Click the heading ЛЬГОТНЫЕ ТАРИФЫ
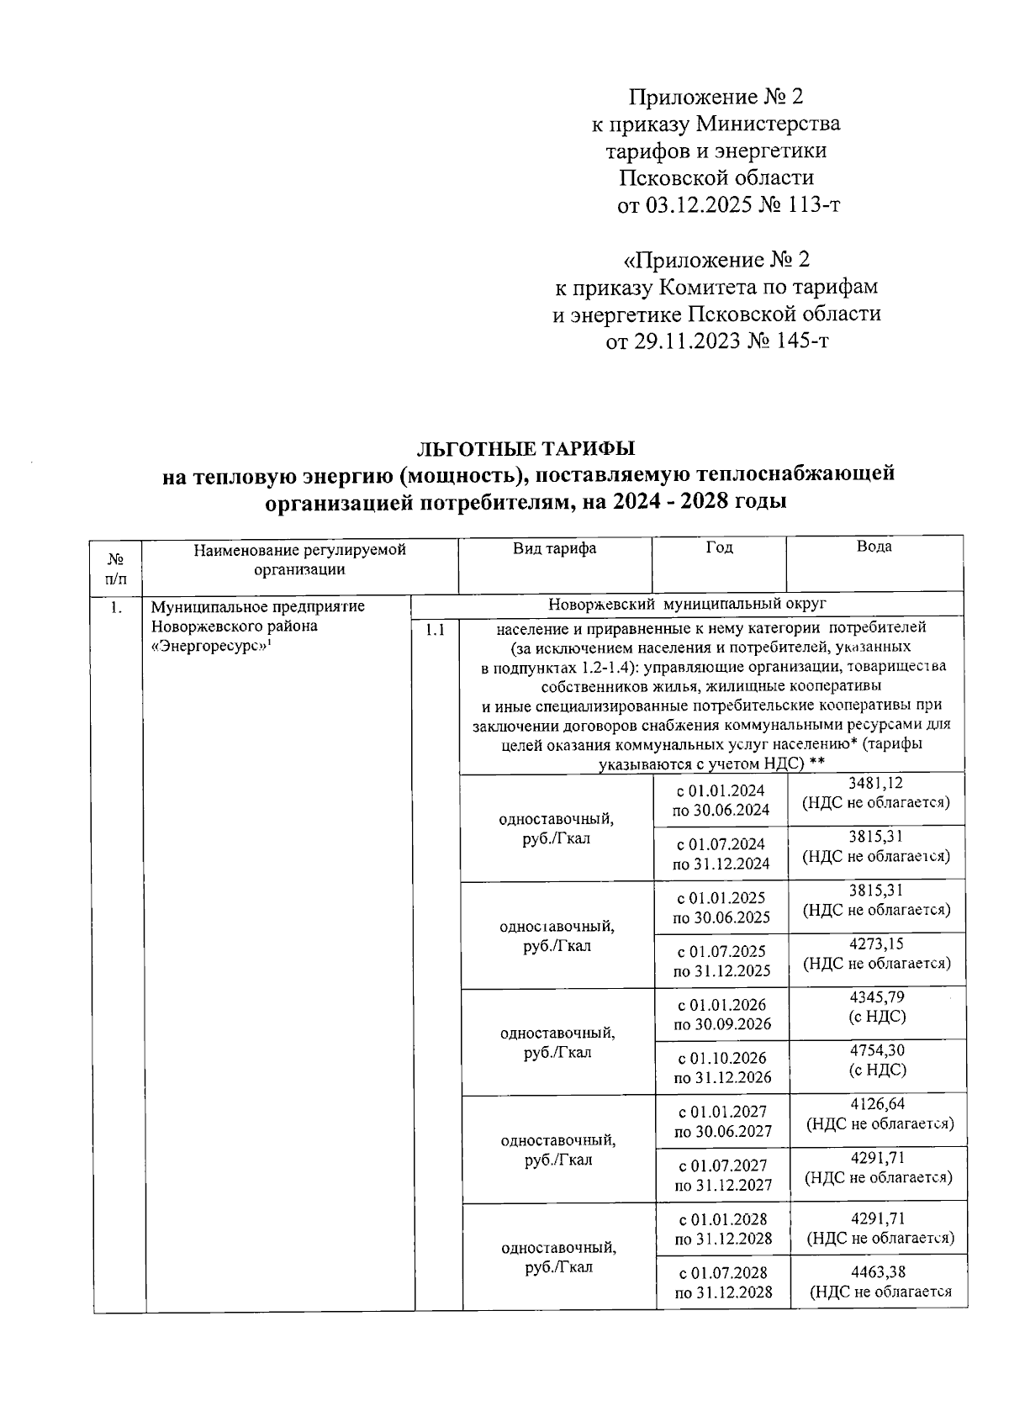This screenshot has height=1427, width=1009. (527, 447)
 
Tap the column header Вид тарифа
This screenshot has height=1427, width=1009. (555, 548)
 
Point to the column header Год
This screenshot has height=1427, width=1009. (719, 547)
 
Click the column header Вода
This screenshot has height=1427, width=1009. (874, 547)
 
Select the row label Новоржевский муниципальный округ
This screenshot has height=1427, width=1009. (687, 604)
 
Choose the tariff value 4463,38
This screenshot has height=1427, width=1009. (878, 1272)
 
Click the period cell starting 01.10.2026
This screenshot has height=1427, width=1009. (721, 1068)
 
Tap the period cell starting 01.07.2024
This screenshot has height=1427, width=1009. (721, 854)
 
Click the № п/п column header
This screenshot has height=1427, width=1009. (117, 567)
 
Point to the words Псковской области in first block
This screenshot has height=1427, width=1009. (716, 178)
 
